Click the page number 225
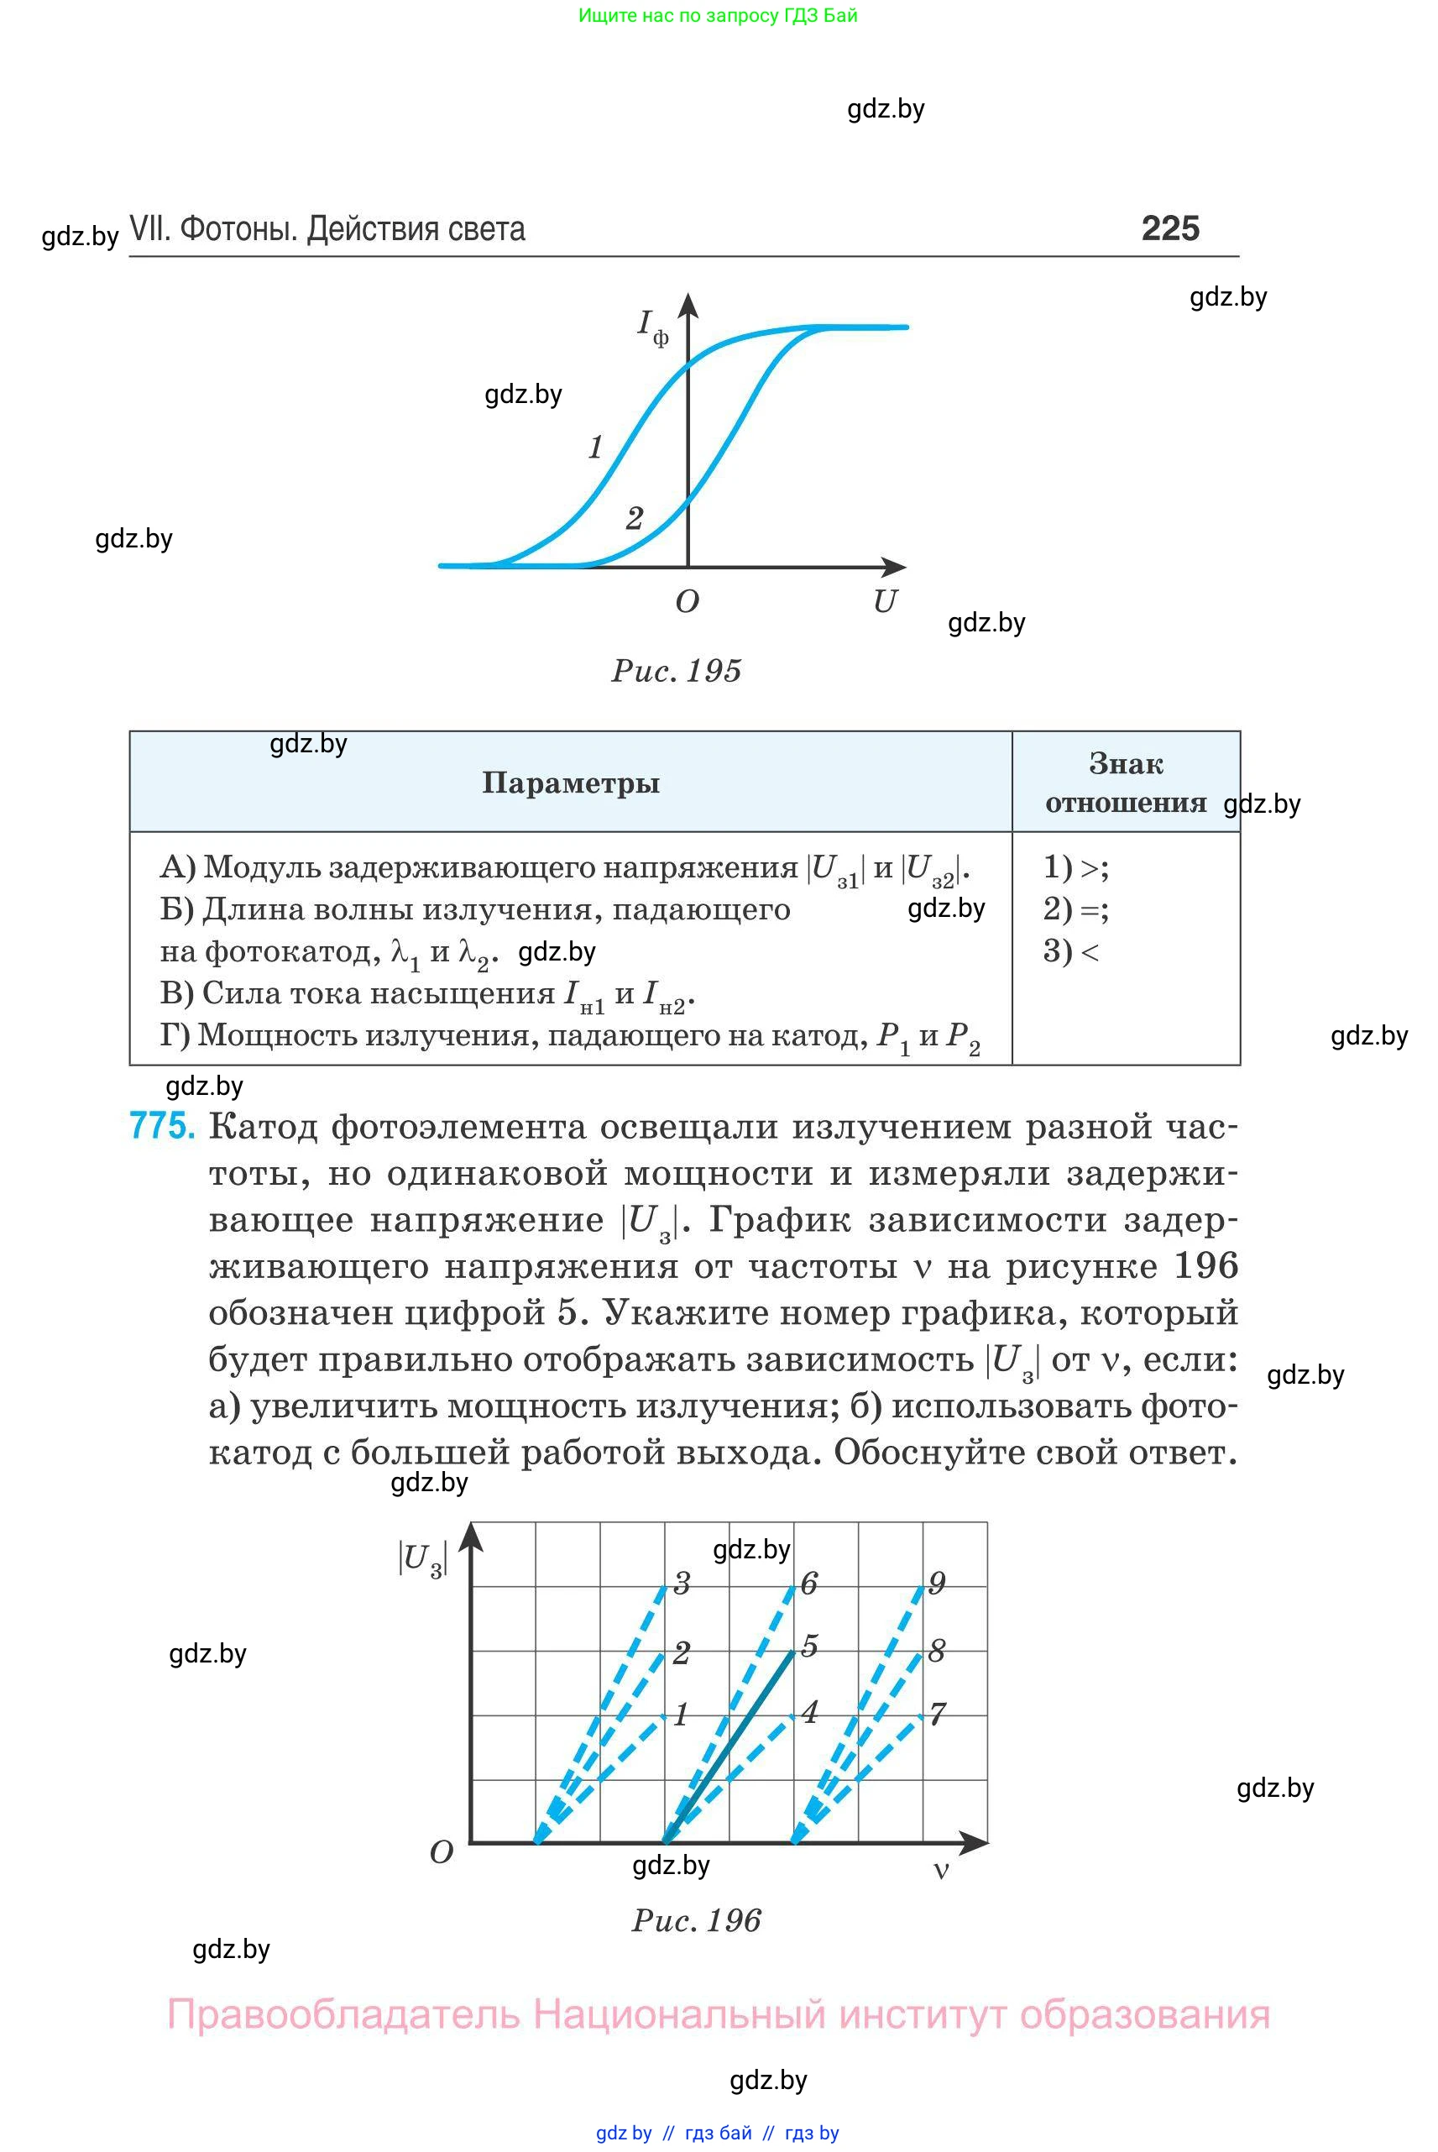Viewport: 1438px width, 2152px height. coord(1169,228)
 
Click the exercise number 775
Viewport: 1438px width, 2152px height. coord(162,1125)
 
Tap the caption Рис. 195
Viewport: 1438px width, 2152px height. coord(676,671)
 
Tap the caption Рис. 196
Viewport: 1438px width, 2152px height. coord(696,1920)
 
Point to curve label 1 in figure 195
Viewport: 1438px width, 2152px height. coord(596,447)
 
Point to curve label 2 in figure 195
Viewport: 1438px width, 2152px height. coord(634,518)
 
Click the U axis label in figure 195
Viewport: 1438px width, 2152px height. coord(884,602)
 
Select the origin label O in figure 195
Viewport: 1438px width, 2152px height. coord(687,602)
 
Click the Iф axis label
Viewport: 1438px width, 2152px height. coord(652,327)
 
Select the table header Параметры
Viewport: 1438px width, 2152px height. coord(571,783)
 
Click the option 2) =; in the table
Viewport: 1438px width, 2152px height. coord(1075,908)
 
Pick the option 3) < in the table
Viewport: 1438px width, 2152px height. coord(1070,950)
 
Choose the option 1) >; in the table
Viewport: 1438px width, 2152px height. coord(1075,866)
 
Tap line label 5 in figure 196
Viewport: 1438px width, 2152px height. coord(808,1646)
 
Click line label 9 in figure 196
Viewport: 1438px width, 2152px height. coord(936,1584)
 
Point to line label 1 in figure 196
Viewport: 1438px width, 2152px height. coord(681,1715)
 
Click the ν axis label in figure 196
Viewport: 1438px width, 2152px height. coord(941,1871)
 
